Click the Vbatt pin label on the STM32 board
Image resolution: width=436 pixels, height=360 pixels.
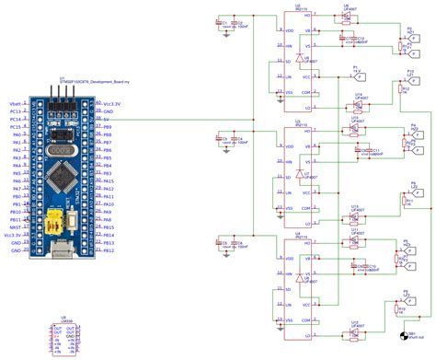[x=15, y=104]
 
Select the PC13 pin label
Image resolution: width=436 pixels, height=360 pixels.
[x=15, y=112]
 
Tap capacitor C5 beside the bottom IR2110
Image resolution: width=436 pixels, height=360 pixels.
[x=224, y=245]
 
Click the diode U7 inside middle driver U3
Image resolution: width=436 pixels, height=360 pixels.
[x=300, y=174]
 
